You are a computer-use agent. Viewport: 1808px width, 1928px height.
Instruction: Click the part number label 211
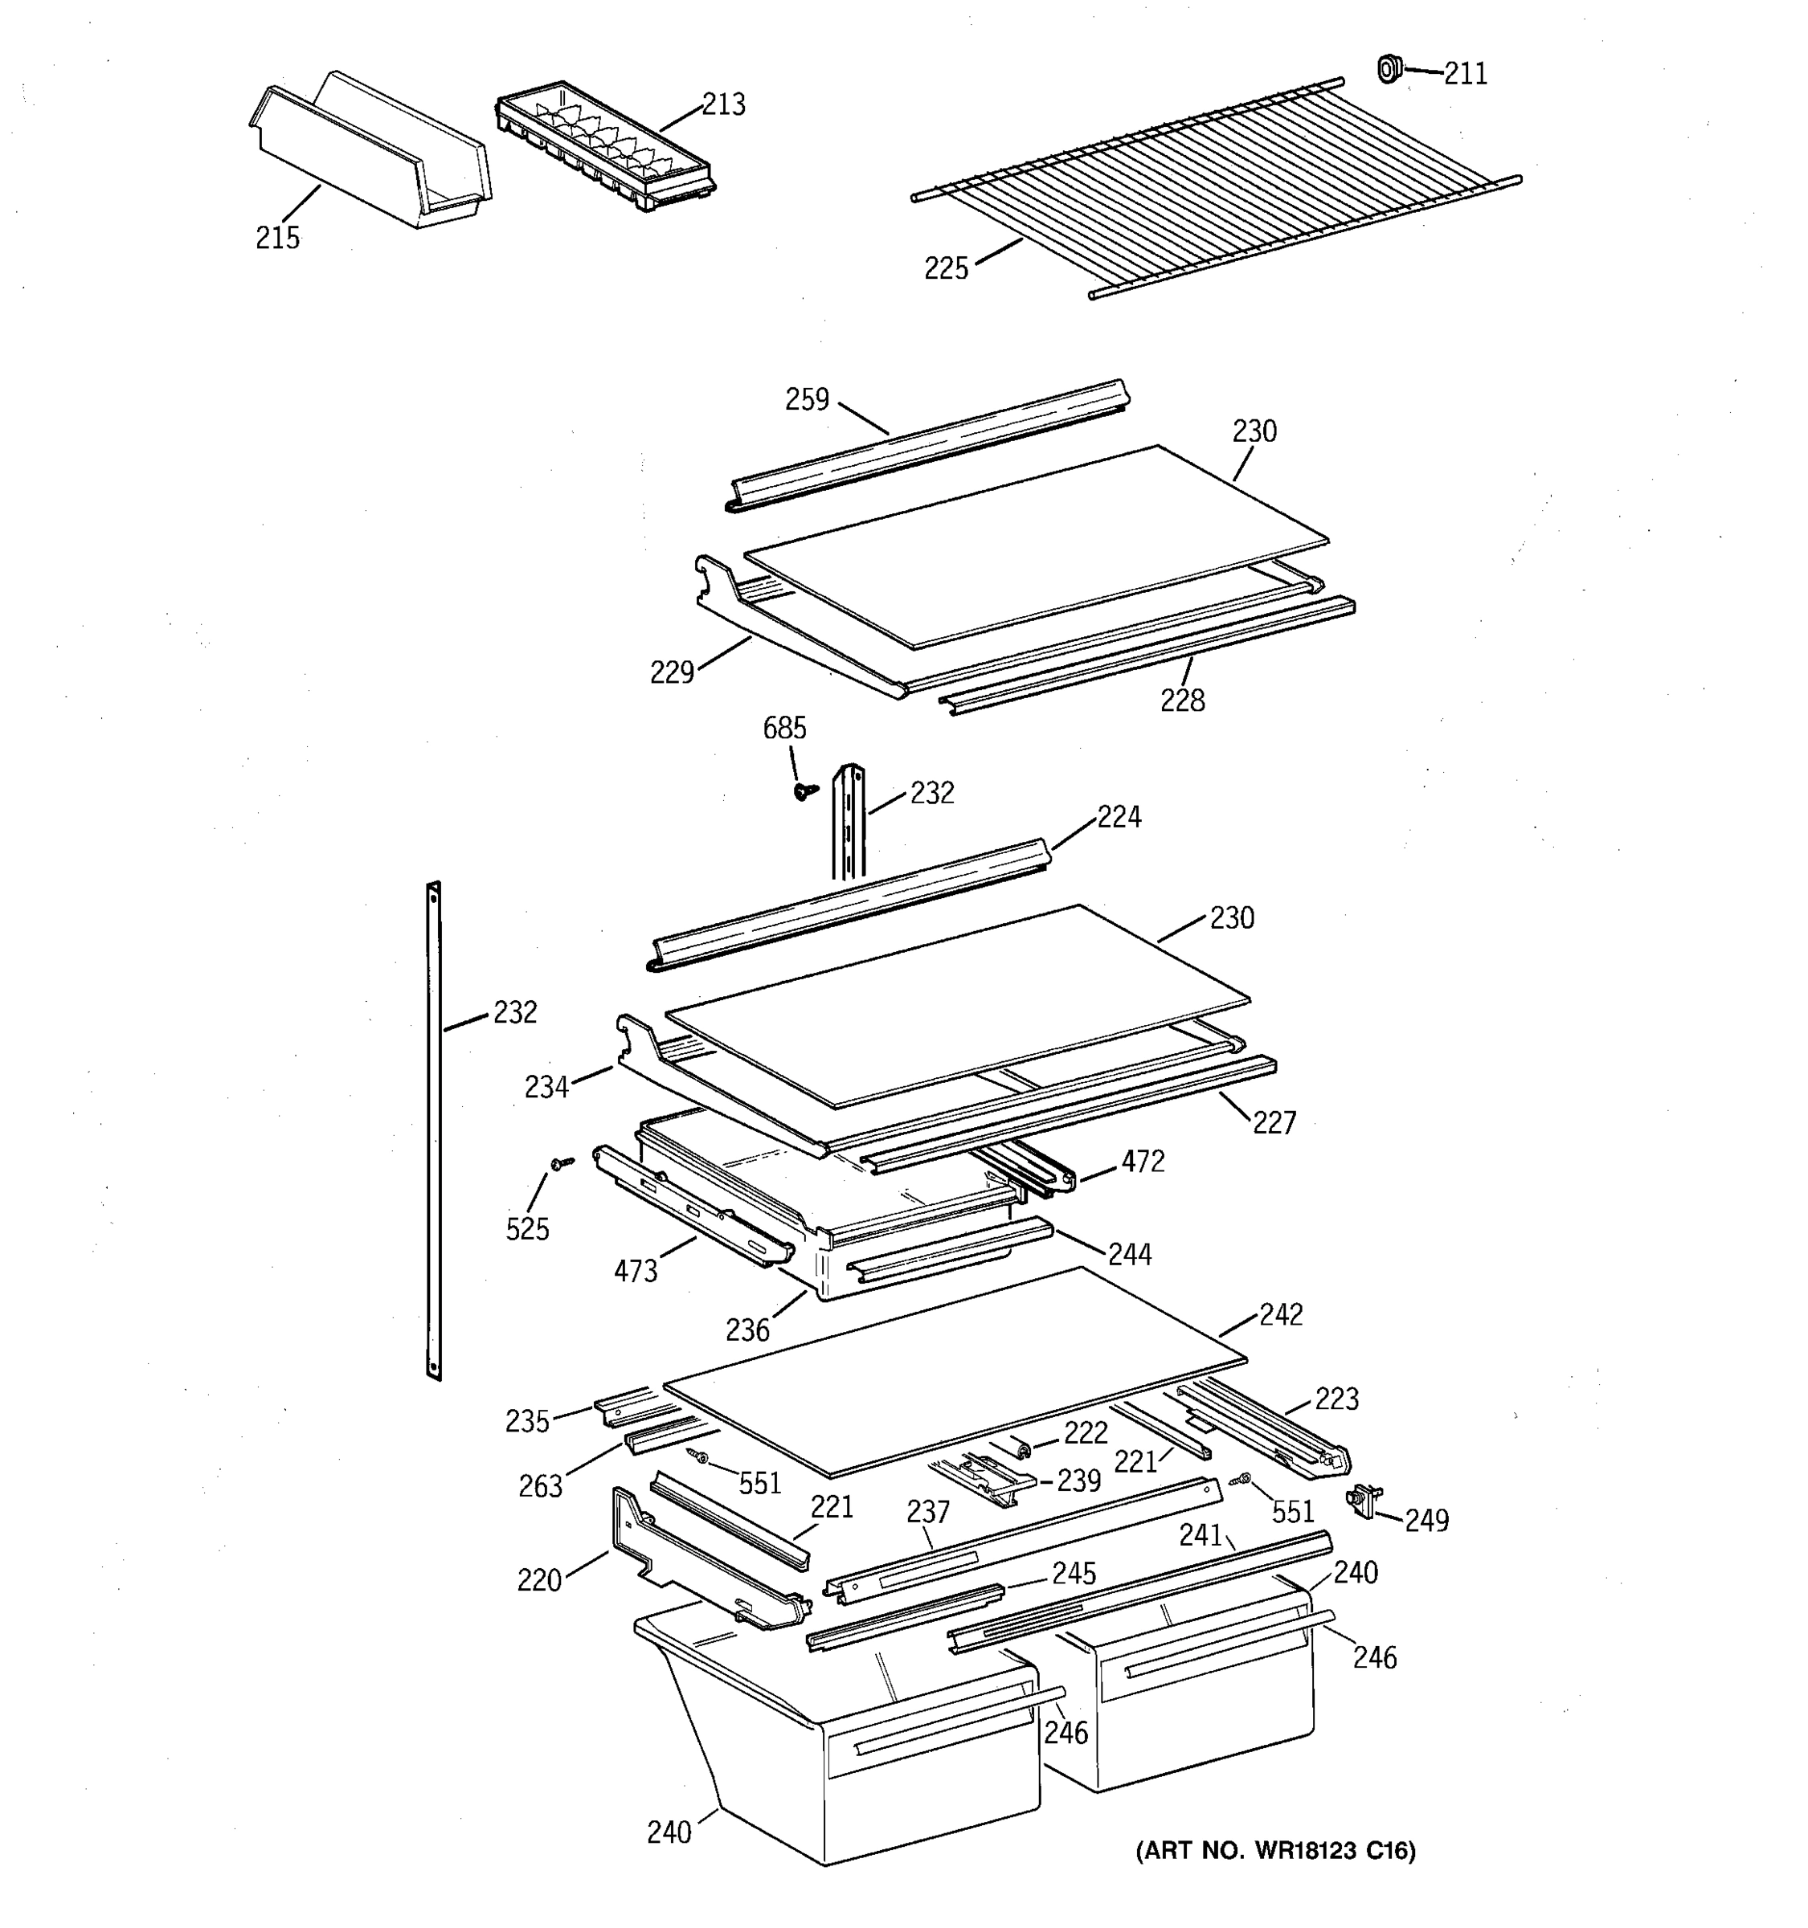[1465, 74]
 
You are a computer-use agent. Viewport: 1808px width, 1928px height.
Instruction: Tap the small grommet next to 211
[1389, 69]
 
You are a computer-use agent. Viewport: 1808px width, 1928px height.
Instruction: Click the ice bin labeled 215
[369, 155]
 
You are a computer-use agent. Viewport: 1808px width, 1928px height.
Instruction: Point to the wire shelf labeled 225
[1213, 189]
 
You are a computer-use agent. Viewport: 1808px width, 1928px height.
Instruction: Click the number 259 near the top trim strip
[807, 399]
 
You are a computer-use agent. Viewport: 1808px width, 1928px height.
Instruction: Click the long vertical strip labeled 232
[434, 1129]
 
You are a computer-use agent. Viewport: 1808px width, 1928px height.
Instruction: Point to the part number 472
[1143, 1161]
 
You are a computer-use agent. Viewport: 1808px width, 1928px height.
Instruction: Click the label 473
[636, 1270]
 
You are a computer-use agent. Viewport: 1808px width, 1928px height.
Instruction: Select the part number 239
[1078, 1480]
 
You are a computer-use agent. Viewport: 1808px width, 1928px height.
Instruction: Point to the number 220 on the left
[539, 1580]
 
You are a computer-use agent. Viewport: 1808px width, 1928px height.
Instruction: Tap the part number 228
[1182, 701]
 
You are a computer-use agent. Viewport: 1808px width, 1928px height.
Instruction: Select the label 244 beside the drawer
[1130, 1254]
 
